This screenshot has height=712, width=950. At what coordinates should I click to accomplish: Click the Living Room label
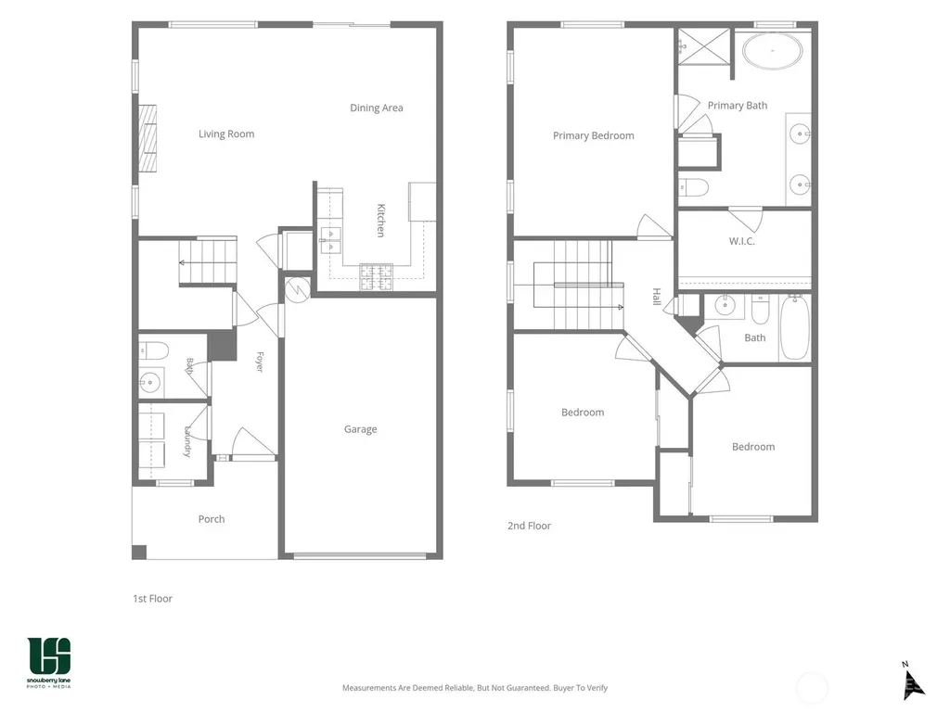point(226,133)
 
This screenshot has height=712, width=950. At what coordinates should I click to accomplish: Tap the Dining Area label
point(377,108)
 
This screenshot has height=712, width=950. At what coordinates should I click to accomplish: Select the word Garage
point(361,429)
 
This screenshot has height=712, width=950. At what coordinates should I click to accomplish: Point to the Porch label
point(212,519)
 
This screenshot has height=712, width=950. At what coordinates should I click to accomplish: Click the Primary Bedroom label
point(593,135)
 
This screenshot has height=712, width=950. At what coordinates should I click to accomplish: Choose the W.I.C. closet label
point(741,241)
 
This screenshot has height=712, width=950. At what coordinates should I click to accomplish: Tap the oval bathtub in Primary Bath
point(773,52)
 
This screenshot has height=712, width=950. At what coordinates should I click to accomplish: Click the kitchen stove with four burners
point(377,277)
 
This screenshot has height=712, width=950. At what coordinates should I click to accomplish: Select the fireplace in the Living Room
point(148,139)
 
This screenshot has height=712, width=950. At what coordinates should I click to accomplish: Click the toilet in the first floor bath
point(153,350)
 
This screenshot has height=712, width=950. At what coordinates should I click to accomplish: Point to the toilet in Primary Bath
point(693,187)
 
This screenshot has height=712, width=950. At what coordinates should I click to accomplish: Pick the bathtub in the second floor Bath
point(795,328)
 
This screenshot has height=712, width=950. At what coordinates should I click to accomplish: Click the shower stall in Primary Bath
point(703,46)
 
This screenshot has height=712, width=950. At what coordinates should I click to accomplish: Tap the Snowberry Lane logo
point(48,662)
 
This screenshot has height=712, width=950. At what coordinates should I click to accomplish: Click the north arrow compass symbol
point(912,681)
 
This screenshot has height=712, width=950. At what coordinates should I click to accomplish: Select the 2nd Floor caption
point(529,527)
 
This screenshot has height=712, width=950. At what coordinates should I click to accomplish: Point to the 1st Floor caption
point(153,599)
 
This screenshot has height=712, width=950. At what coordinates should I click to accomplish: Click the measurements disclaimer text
point(475,688)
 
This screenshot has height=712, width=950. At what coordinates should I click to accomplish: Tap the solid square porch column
point(139,553)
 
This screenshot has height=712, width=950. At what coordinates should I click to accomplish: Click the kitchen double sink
point(331,240)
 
